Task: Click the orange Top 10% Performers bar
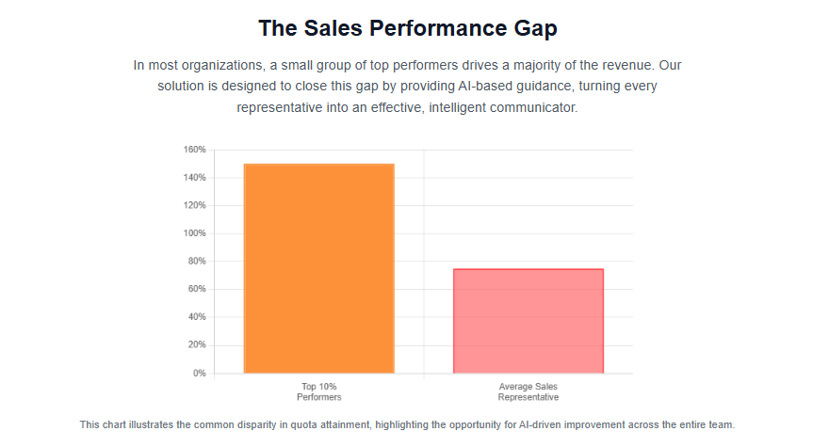pyautogui.click(x=318, y=268)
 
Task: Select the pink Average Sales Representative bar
pyautogui.click(x=528, y=321)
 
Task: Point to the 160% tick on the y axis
pyautogui.click(x=194, y=150)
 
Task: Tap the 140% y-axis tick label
pyautogui.click(x=194, y=178)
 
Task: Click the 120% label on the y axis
pyautogui.click(x=194, y=205)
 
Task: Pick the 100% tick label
pyautogui.click(x=194, y=233)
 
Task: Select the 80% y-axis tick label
pyautogui.click(x=196, y=262)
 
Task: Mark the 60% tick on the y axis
pyautogui.click(x=196, y=289)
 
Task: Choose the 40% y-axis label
pyautogui.click(x=196, y=317)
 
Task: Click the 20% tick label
pyautogui.click(x=196, y=345)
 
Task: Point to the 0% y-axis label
pyautogui.click(x=198, y=374)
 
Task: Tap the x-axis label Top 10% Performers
pyautogui.click(x=318, y=391)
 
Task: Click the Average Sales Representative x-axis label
pyautogui.click(x=528, y=391)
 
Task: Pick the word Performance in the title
pyautogui.click(x=436, y=29)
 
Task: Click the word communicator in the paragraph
pyautogui.click(x=529, y=108)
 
